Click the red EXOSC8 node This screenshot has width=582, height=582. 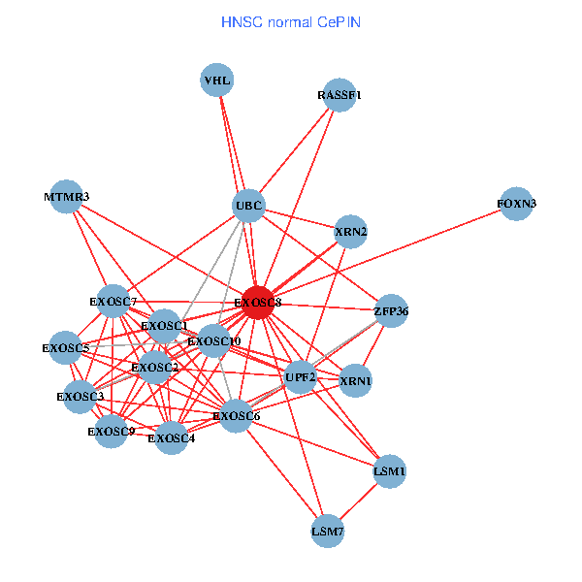click(258, 303)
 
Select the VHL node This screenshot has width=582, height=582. click(217, 80)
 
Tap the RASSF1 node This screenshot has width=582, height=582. click(339, 95)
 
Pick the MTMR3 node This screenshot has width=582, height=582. click(66, 197)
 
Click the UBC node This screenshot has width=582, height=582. click(249, 205)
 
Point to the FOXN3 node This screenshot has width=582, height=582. click(516, 204)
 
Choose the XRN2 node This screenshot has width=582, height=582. click(350, 232)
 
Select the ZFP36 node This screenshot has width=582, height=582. click(391, 311)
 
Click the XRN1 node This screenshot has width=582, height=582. click(355, 381)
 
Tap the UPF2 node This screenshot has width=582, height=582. click(301, 376)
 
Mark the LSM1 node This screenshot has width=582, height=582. click(389, 471)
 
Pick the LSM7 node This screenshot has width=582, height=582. click(328, 532)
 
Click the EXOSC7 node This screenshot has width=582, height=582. click(113, 302)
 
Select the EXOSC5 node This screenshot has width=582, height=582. click(66, 347)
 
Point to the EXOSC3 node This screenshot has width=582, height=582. click(80, 396)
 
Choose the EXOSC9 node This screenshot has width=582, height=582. click(111, 431)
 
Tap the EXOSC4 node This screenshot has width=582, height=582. click(171, 438)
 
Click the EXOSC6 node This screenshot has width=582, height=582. click(236, 416)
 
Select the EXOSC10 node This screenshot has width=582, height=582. click(214, 340)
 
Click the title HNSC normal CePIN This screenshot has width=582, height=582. click(291, 21)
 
